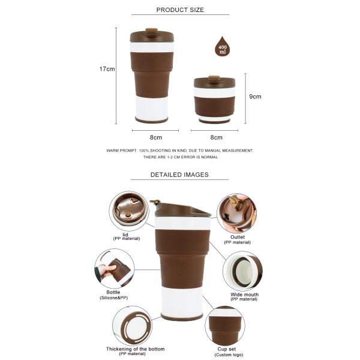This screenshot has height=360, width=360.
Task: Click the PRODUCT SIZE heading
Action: (180, 10)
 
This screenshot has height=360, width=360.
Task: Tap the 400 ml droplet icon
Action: (223, 47)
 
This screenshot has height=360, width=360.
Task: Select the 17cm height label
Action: (107, 69)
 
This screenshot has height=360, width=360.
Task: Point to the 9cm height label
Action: (255, 96)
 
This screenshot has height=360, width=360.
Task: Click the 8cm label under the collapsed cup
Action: (216, 137)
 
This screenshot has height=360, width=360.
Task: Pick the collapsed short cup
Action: (214, 99)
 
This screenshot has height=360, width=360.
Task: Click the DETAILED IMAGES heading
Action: (179, 175)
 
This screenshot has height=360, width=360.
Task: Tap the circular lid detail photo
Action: (129, 211)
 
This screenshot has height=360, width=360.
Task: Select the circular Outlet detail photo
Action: (236, 212)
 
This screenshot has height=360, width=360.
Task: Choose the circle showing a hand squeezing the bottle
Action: (114, 269)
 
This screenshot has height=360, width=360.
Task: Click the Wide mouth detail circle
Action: (242, 271)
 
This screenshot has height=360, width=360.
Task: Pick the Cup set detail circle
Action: (224, 325)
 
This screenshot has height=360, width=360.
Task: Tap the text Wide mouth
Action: (245, 295)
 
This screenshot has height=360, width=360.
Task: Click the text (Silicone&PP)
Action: (113, 298)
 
